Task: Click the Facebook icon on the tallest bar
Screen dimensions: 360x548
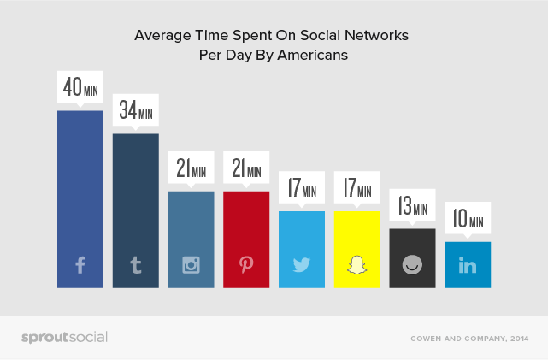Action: coord(80,265)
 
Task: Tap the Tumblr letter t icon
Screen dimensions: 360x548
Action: coord(135,265)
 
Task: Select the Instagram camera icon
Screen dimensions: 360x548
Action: coord(191,264)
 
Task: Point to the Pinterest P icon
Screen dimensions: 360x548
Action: coord(246,264)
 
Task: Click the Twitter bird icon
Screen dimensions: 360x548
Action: coord(302,265)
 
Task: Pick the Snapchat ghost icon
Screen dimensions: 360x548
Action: coord(356,264)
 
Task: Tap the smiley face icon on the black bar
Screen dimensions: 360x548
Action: coord(412,265)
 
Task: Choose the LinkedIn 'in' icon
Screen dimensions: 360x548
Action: coord(468,265)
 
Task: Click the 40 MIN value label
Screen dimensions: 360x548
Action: coord(80,88)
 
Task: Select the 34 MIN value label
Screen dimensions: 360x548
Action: coord(135,111)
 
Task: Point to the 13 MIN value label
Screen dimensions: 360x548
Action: coord(412,206)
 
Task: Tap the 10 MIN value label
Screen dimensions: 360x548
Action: coord(468,219)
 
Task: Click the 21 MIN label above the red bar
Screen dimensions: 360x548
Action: coord(246,168)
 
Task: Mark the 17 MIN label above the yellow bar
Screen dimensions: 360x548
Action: coord(356,188)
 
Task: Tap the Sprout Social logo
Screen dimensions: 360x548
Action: coord(64,337)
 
